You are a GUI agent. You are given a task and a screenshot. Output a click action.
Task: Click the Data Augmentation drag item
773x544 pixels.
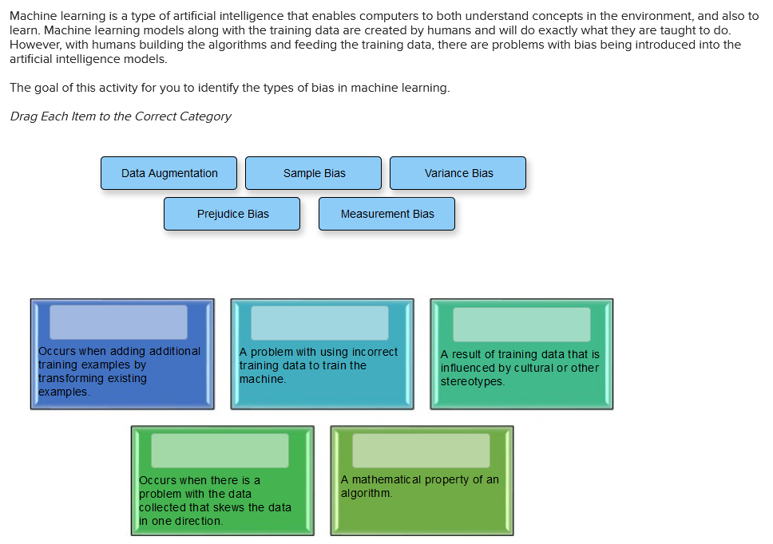168,173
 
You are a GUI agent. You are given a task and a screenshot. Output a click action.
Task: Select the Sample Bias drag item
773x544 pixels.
314,173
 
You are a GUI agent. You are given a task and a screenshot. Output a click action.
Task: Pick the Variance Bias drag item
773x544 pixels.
458,173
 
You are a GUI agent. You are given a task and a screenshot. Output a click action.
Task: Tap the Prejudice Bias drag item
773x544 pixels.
232,214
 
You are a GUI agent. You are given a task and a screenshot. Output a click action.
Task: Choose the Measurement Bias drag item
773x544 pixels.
387,214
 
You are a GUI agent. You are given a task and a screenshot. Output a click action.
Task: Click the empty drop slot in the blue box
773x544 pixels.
119,321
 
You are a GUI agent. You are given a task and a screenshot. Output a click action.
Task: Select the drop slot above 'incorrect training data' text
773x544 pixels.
319,322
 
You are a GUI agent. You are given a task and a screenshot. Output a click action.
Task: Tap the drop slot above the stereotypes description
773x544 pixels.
521,324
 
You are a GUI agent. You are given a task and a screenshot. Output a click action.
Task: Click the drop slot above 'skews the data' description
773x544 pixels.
220,451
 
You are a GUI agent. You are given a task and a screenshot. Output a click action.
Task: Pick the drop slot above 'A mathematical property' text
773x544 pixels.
421,451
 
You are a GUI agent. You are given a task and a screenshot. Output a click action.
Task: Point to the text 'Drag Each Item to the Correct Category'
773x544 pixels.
121,116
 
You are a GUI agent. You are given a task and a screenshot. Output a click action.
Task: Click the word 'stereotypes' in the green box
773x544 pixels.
472,381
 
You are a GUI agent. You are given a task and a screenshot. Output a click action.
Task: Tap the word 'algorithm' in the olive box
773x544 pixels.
366,493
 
